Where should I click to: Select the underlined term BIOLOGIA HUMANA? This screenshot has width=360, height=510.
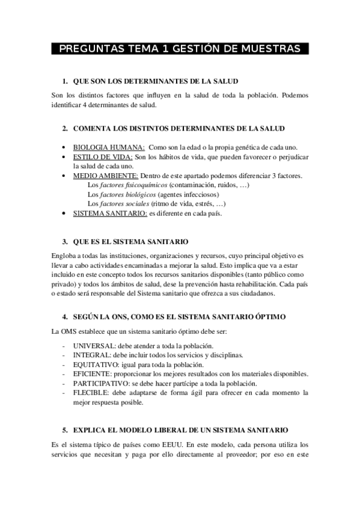click(x=108, y=148)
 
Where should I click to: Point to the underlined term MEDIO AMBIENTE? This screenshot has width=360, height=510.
click(x=105, y=176)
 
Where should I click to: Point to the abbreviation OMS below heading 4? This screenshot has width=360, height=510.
click(x=70, y=331)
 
